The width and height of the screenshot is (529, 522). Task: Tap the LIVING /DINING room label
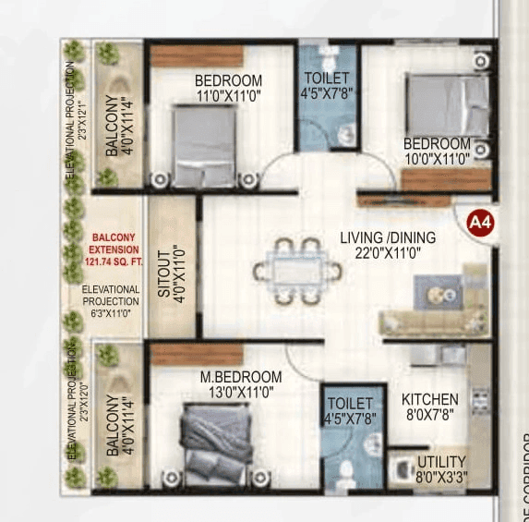click(x=388, y=237)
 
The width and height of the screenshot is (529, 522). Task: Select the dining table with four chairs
click(x=296, y=272)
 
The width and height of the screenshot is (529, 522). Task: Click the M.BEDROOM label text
click(x=241, y=377)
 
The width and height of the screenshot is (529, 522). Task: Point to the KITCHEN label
click(x=429, y=399)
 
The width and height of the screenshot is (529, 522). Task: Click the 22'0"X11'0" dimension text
click(x=388, y=253)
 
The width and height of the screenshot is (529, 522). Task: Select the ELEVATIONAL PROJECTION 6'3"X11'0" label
click(x=111, y=301)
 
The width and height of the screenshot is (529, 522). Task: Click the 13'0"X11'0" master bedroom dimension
click(x=241, y=392)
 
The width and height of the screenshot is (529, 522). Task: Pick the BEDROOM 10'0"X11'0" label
click(x=437, y=151)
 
